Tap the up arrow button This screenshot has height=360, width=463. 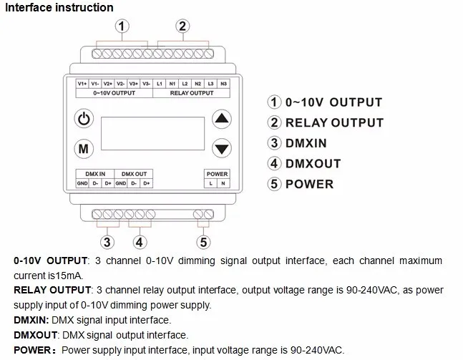click(x=223, y=119)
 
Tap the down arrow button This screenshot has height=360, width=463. click(x=223, y=149)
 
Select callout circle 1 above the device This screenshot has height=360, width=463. click(x=122, y=27)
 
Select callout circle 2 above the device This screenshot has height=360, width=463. click(x=182, y=27)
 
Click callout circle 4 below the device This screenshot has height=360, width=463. click(x=140, y=242)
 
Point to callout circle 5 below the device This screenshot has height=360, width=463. click(x=204, y=242)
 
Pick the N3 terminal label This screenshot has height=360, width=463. click(x=224, y=84)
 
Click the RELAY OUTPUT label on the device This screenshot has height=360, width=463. click(x=191, y=93)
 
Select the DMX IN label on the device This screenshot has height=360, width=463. click(x=94, y=174)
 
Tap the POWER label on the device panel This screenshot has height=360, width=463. click(x=217, y=174)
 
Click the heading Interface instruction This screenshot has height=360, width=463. click(x=60, y=8)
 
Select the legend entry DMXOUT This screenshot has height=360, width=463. click(x=313, y=163)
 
